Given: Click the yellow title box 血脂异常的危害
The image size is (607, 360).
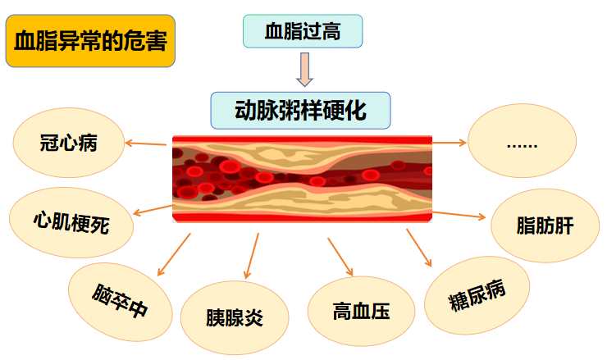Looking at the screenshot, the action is (90, 41).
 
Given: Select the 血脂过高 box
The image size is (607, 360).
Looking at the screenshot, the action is (303, 31).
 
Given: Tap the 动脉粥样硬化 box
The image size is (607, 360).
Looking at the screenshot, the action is (300, 111).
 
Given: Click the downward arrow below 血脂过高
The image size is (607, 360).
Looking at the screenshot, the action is (304, 70).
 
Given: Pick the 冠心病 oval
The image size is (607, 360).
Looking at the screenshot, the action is (69, 143).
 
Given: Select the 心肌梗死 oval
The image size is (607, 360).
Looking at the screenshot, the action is (71, 222).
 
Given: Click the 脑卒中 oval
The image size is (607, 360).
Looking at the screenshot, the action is (121, 302).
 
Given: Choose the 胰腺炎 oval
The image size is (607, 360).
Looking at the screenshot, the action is (235, 317).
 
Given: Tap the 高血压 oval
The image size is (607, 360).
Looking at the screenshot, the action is (361, 312).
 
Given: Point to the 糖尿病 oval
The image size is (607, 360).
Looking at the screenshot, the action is (477, 295).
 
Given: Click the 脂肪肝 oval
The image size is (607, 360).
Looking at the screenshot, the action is (545, 226).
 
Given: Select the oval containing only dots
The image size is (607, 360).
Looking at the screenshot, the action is (522, 140).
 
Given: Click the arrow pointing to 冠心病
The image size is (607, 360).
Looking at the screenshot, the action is (145, 144).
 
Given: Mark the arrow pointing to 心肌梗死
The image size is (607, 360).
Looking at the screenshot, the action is (153, 210).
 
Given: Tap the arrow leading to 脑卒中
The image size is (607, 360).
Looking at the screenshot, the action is (174, 255).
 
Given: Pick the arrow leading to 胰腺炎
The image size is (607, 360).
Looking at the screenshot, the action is (251, 256).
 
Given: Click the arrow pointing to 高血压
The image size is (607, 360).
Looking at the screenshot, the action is (340, 257).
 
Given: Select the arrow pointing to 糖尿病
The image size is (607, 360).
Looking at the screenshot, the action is (419, 248).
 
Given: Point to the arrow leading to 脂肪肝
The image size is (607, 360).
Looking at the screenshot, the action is (459, 215).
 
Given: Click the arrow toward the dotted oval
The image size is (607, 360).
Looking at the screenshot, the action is (449, 143).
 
